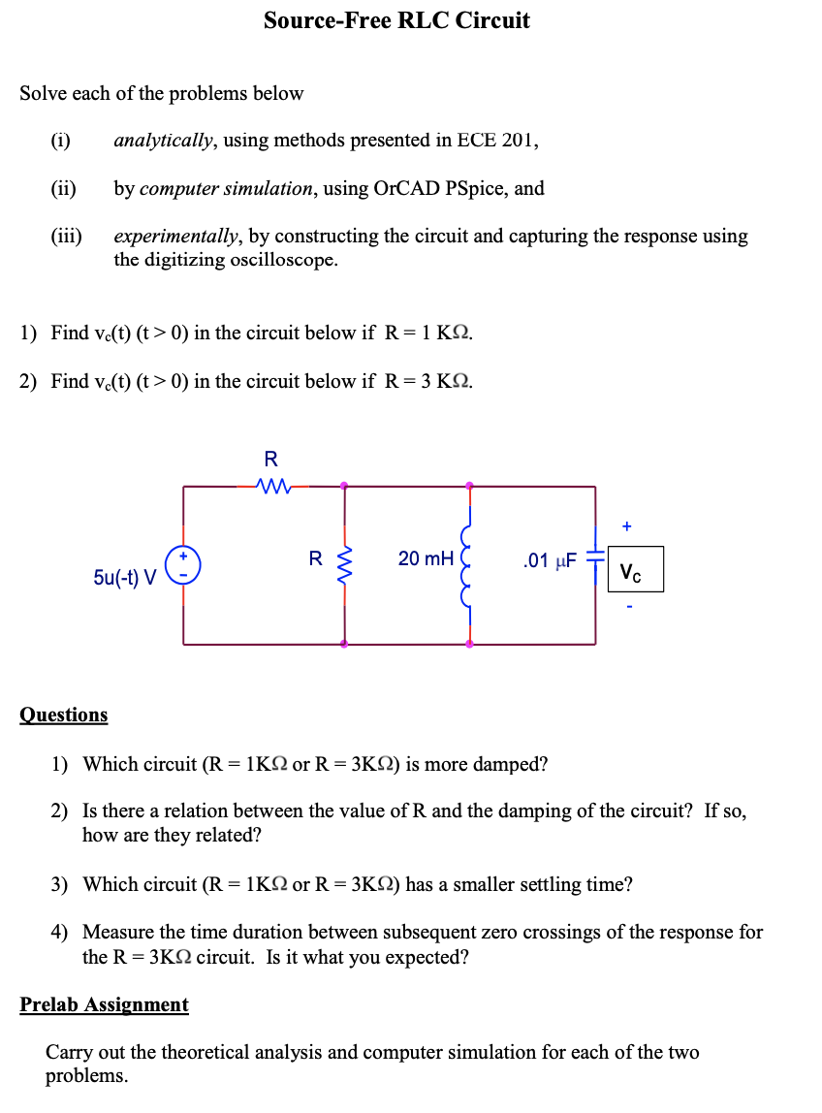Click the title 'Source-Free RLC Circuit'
pos(396,20)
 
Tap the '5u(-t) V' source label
pos(125,578)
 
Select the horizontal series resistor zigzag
pos(271,485)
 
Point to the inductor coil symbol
pos(469,564)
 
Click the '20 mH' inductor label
pos(426,558)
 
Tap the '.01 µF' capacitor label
pos(549,560)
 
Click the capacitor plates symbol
pos(595,560)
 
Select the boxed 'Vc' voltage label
pos(636,570)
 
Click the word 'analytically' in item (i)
pos(162,141)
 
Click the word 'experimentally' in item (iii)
pos(178,237)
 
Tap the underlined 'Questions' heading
pos(64,715)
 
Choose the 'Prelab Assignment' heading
pos(104,1004)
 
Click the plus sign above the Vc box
pos(627,526)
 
